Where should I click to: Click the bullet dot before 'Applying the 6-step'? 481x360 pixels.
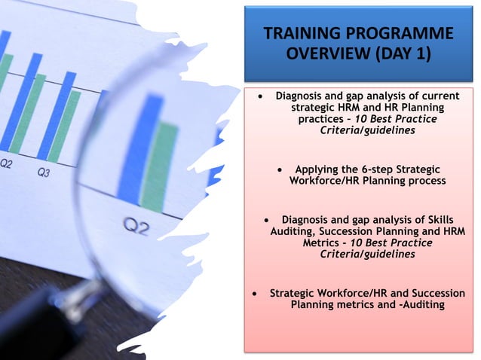pyautogui.click(x=280, y=169)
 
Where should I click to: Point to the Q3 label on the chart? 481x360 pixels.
pyautogui.click(x=44, y=172)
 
